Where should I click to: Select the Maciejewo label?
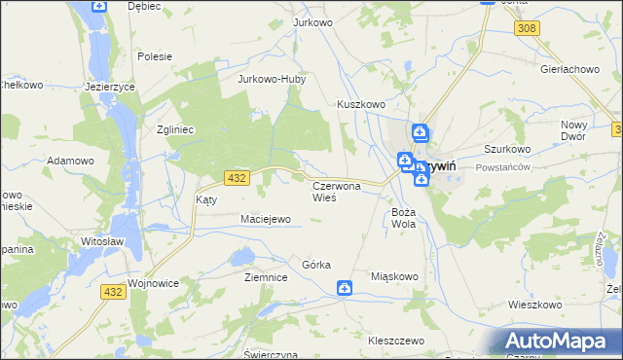coord(266,219)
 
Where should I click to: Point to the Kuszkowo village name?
coord(361,104)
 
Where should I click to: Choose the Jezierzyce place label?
coord(110,86)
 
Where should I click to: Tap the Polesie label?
coord(155,55)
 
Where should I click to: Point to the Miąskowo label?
coord(394,276)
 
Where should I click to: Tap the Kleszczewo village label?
coord(396,341)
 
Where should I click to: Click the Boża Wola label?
coord(404,217)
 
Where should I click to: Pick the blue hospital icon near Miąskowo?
coord(345,287)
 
